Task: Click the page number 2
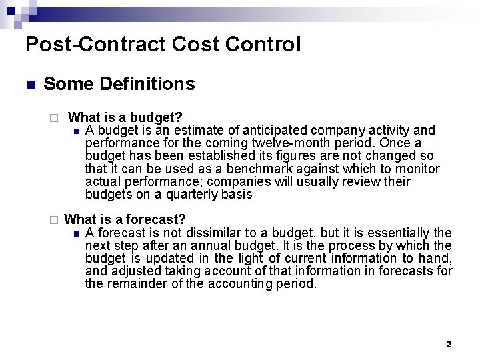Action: (x=449, y=344)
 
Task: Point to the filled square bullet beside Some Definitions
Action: (x=29, y=85)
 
